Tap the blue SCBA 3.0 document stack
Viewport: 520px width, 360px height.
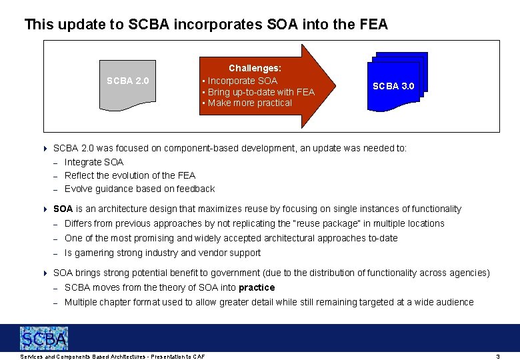pyautogui.click(x=394, y=81)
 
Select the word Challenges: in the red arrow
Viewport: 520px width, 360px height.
pyautogui.click(x=255, y=68)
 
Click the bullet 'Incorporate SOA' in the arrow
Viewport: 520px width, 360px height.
pyautogui.click(x=242, y=81)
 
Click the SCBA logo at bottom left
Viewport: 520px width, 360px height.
pyautogui.click(x=44, y=339)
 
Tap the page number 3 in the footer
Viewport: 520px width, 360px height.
pyautogui.click(x=497, y=357)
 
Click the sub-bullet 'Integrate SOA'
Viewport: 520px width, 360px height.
pyautogui.click(x=94, y=162)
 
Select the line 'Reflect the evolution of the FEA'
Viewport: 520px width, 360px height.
pyautogui.click(x=130, y=175)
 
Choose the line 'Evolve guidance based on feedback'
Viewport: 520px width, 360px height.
pyautogui.click(x=139, y=189)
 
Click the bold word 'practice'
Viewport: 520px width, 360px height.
pyautogui.click(x=257, y=287)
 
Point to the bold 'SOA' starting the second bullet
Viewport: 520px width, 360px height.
pyautogui.click(x=63, y=209)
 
